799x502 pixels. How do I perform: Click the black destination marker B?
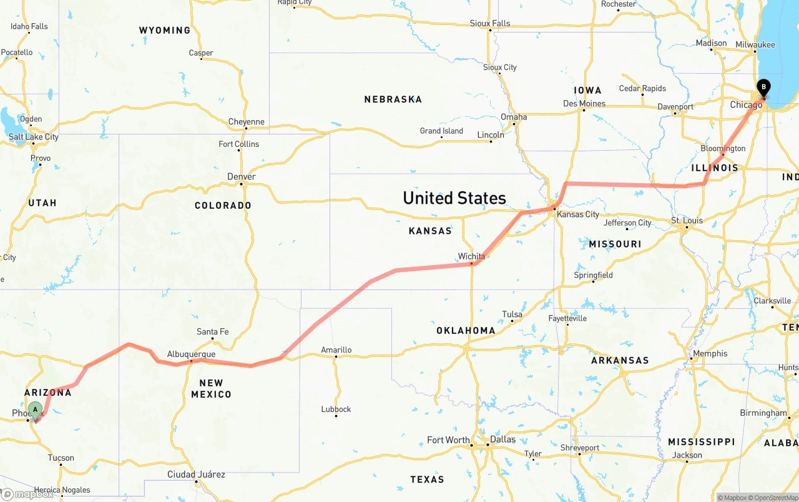pyautogui.click(x=763, y=88)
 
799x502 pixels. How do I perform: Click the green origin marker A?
pyautogui.click(x=36, y=410)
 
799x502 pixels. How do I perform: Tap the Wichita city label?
pyautogui.click(x=471, y=256)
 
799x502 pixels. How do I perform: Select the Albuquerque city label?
pyautogui.click(x=191, y=354)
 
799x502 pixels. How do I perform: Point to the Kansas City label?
pyautogui.click(x=577, y=214)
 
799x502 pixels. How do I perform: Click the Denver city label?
pyautogui.click(x=241, y=177)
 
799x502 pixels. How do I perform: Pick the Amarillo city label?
pyautogui.click(x=336, y=350)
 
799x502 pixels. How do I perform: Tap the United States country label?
pyautogui.click(x=454, y=198)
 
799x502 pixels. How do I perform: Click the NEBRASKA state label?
pyautogui.click(x=393, y=99)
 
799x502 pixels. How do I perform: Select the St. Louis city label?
pyautogui.click(x=687, y=221)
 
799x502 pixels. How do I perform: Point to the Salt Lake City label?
pyautogui.click(x=33, y=137)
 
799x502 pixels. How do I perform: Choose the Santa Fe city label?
pyautogui.click(x=212, y=332)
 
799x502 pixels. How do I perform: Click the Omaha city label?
pyautogui.click(x=514, y=117)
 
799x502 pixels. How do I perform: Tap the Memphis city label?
pyautogui.click(x=710, y=354)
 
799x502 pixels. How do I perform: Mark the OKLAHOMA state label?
pyautogui.click(x=466, y=331)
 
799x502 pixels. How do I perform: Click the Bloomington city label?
pyautogui.click(x=723, y=149)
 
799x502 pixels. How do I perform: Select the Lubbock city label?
pyautogui.click(x=336, y=409)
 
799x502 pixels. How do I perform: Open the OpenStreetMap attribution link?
pyautogui.click(x=774, y=498)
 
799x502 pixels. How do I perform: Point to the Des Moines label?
pyautogui.click(x=584, y=104)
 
